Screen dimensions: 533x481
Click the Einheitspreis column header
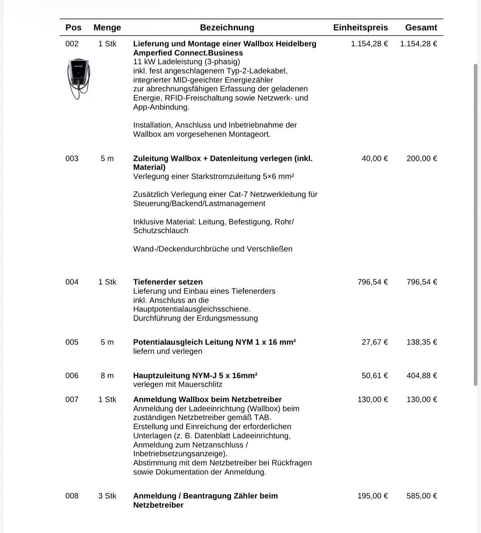point(360,27)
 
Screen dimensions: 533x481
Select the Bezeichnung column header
point(227,27)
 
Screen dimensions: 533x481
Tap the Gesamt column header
point(421,27)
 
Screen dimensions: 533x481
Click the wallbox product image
point(79,79)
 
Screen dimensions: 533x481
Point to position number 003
point(72,159)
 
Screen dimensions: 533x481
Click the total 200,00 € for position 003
point(422,159)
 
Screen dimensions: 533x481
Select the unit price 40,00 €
point(375,159)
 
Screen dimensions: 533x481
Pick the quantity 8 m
point(107,376)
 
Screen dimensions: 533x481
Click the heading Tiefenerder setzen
point(168,282)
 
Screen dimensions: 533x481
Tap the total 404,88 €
point(422,376)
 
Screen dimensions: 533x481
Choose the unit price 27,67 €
point(375,342)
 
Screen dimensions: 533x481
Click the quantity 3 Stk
point(107,496)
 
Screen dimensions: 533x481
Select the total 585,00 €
point(422,496)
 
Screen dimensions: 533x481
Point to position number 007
point(72,400)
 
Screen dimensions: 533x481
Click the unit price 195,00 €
point(373,496)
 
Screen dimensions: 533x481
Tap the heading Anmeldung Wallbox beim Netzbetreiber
point(207,400)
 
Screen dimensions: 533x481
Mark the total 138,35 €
point(422,342)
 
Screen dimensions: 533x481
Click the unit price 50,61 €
point(375,376)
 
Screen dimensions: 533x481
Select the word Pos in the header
point(73,27)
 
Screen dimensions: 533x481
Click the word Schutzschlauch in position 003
point(161,231)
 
